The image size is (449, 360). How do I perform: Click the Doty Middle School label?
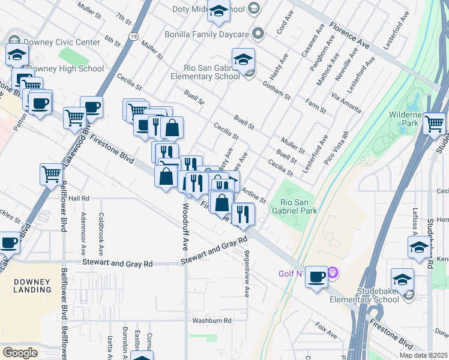[208, 9]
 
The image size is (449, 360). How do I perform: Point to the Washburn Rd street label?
[211, 321]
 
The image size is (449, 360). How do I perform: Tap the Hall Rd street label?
[79, 198]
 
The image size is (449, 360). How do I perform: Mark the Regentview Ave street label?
[246, 274]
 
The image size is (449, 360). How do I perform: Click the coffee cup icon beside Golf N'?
[316, 277]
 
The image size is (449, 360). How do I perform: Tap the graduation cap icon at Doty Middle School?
[219, 10]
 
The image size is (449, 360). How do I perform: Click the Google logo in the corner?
[20, 352]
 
